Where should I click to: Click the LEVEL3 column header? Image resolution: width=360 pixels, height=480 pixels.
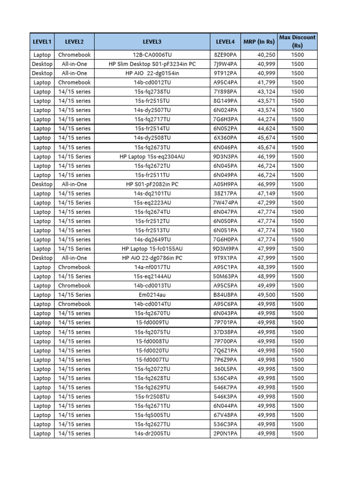pyautogui.click(x=152, y=42)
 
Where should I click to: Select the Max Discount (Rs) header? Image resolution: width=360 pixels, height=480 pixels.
pyautogui.click(x=297, y=41)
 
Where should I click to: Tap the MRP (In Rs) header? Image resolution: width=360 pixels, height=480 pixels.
pyautogui.click(x=259, y=42)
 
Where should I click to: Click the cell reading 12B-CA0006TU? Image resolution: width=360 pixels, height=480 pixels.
pyautogui.click(x=152, y=55)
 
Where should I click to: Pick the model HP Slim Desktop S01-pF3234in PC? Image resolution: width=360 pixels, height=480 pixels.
pyautogui.click(x=152, y=64)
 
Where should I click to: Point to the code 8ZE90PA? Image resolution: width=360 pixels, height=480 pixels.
pyautogui.click(x=225, y=55)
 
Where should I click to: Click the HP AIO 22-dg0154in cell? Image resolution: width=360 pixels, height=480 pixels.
pyautogui.click(x=152, y=73)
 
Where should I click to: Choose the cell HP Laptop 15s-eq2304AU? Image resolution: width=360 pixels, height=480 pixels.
pyautogui.click(x=152, y=157)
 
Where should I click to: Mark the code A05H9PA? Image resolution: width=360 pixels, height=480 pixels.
pyautogui.click(x=225, y=184)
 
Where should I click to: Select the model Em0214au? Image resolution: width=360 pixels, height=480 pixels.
pyautogui.click(x=152, y=295)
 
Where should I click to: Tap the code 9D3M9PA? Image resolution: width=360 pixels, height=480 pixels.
pyautogui.click(x=225, y=249)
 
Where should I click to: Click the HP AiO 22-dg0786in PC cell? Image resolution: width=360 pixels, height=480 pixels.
pyautogui.click(x=152, y=258)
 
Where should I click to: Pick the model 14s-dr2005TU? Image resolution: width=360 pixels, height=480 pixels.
pyautogui.click(x=152, y=434)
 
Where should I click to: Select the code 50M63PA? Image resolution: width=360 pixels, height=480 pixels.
pyautogui.click(x=225, y=277)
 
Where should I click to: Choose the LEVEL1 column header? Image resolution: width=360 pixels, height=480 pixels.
pyautogui.click(x=42, y=42)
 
